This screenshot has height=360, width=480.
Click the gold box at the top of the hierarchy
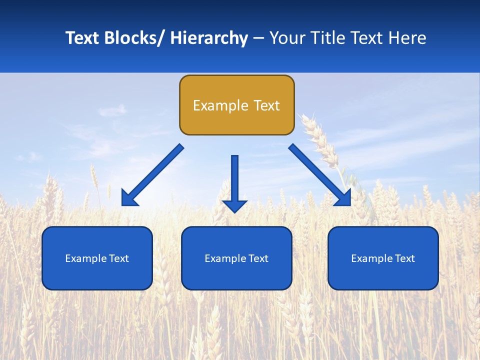[236, 105]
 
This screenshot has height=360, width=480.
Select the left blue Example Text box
[97, 258]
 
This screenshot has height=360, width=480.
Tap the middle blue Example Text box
[236, 258]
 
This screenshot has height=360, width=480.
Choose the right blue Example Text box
[383, 258]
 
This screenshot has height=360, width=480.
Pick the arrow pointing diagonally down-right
[320, 175]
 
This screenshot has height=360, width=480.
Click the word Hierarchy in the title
[209, 38]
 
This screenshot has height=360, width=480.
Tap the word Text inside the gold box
[266, 105]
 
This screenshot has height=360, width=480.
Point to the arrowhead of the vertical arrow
[234, 206]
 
